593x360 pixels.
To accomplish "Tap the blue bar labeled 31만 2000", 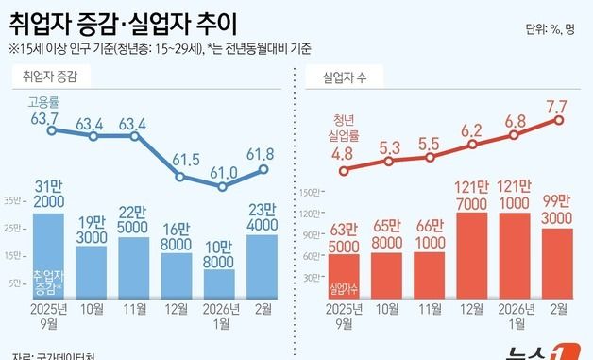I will (50, 255).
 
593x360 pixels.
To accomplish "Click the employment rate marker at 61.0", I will (221, 187).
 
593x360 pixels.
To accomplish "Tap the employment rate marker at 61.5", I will (178, 175).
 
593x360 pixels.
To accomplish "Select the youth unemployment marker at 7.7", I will (559, 120).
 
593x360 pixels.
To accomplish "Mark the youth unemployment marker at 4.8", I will (345, 171).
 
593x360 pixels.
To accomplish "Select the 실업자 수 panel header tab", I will (347, 76).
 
